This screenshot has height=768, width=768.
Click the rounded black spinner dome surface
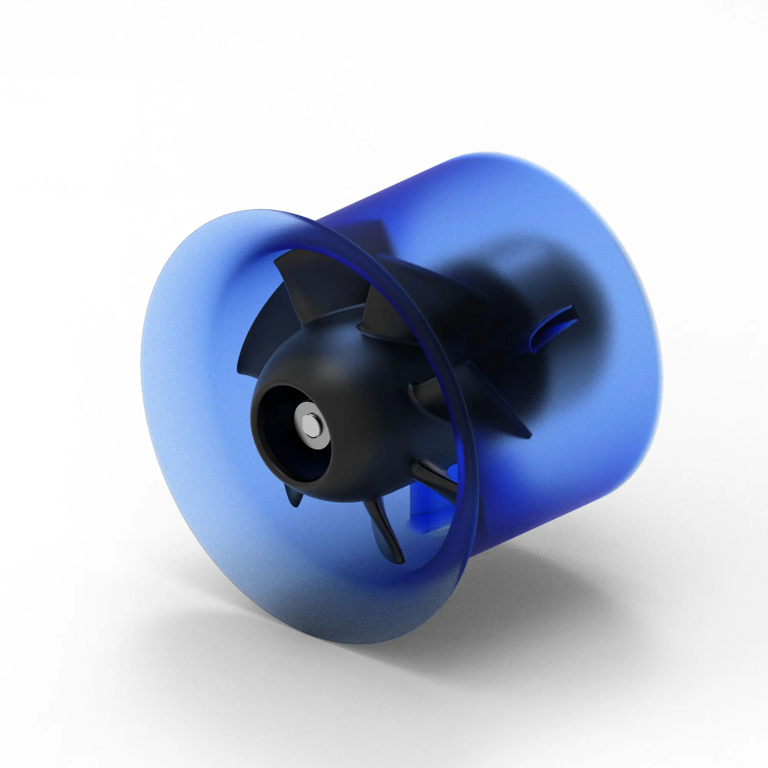[x=352, y=375]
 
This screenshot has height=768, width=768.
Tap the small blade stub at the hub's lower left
[x=293, y=495]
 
